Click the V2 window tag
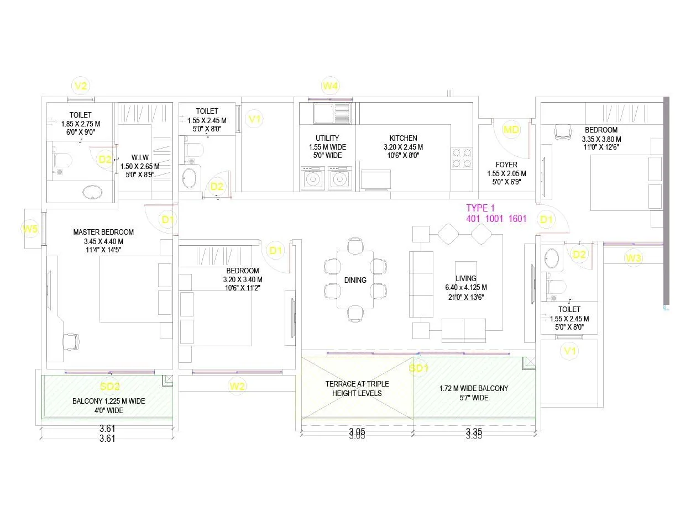tap(81, 86)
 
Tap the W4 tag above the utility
tap(331, 86)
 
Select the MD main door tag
tap(512, 129)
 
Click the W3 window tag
tap(634, 257)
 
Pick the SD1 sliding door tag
tap(418, 367)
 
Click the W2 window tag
tap(237, 386)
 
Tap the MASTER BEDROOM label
tap(103, 232)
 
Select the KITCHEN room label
tap(403, 138)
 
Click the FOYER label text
tap(506, 165)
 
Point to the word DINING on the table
tap(355, 280)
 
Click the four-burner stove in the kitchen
tap(462, 157)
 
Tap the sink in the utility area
tap(325, 114)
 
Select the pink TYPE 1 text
tap(480, 208)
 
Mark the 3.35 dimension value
tap(475, 431)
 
